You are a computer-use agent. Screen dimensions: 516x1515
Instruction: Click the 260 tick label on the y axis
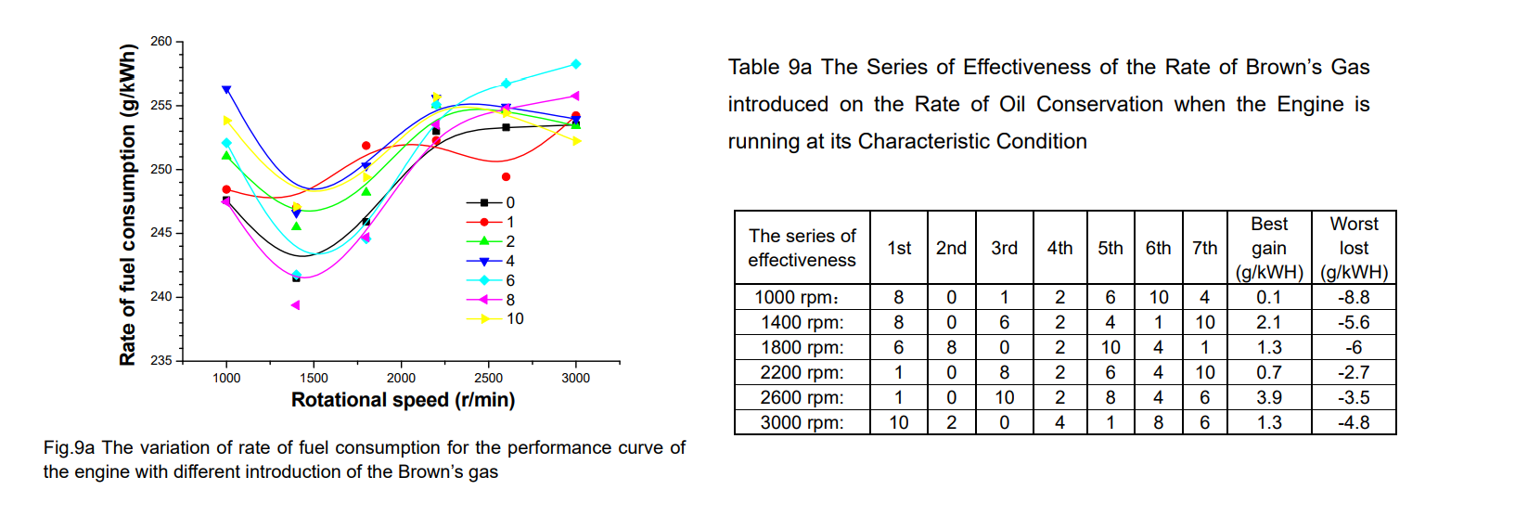point(160,42)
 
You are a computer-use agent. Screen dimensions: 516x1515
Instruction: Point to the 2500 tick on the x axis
point(488,378)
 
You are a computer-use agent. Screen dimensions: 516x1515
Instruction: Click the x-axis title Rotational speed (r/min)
point(403,400)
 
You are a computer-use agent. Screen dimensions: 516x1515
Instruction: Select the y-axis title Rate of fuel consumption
point(128,205)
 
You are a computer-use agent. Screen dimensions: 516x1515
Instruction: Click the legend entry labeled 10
point(514,319)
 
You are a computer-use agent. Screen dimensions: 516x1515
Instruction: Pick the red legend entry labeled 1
point(509,222)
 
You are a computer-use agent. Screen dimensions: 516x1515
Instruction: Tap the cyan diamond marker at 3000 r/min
point(576,64)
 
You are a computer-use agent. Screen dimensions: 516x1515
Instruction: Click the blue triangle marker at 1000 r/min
point(226,90)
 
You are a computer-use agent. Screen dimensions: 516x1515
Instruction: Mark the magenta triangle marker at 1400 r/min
point(295,305)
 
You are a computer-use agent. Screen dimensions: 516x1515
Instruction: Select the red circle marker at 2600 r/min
point(506,176)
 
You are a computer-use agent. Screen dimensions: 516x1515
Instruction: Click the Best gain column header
point(1268,248)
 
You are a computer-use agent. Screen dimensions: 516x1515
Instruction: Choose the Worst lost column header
point(1354,248)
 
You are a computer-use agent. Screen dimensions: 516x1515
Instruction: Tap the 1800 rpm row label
point(802,347)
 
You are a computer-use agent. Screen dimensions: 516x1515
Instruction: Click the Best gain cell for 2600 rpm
point(1268,397)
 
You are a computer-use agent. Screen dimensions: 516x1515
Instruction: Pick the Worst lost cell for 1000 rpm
point(1354,297)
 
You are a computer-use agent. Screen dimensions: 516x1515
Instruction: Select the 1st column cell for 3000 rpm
point(898,422)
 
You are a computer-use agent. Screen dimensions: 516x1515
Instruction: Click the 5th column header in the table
point(1110,248)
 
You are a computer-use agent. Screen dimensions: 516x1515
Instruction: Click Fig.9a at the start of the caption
point(69,448)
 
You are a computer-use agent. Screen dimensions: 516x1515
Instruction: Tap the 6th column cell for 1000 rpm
point(1158,297)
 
